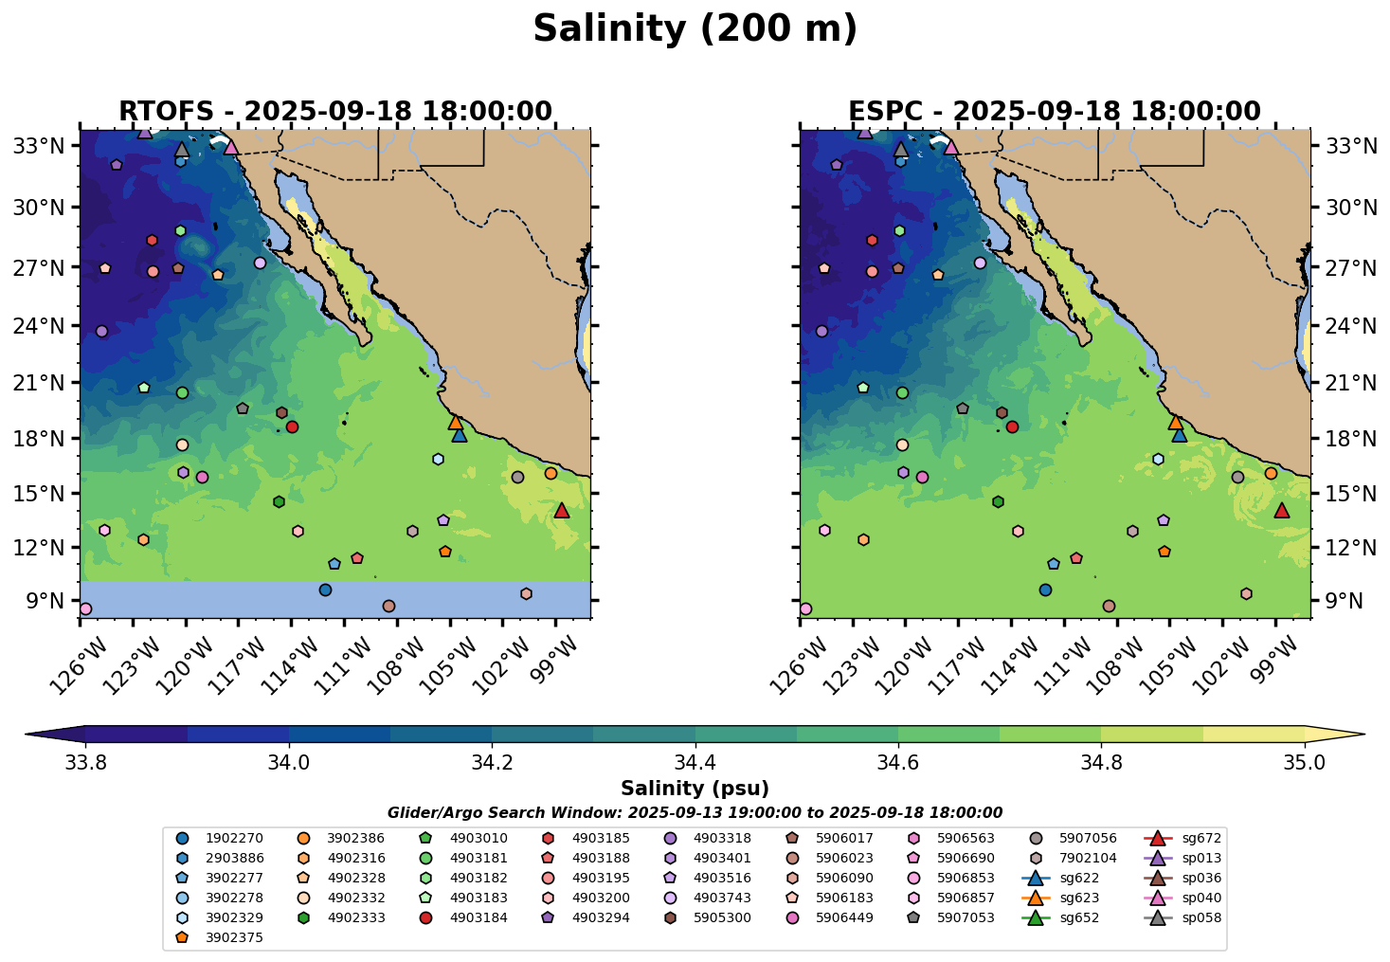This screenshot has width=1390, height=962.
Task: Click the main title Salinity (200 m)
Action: pos(695,29)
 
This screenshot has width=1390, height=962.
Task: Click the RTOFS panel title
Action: pos(334,112)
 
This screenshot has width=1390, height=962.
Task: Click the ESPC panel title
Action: pos(1055,112)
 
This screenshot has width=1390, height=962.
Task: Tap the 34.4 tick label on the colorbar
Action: pos(695,763)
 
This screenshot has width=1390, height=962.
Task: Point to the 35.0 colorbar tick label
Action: pos(1305,763)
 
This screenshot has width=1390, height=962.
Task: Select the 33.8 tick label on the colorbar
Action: pos(85,763)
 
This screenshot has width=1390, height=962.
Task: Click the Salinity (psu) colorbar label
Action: pos(695,789)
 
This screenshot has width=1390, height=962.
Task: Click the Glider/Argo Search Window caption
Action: pos(695,813)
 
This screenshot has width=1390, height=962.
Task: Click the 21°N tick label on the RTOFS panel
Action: pos(44,384)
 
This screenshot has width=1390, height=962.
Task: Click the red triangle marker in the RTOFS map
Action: pos(561,511)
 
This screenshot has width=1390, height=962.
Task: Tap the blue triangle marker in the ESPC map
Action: pos(1179,435)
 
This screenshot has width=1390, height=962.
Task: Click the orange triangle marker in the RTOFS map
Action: pos(456,423)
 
